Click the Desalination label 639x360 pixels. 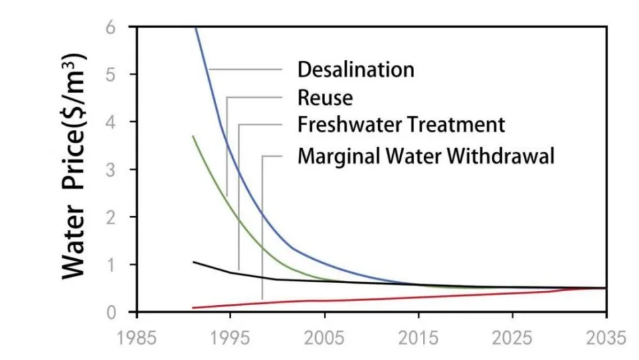click(355, 70)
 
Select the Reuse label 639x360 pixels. click(325, 98)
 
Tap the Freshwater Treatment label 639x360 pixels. click(401, 125)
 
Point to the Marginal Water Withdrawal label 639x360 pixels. click(426, 157)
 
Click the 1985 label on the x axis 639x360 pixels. click(136, 338)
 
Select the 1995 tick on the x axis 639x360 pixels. click(230, 338)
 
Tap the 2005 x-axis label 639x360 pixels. click(325, 338)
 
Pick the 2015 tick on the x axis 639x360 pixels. click(418, 338)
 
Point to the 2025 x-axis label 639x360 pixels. click(513, 338)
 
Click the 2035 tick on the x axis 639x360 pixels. click(606, 338)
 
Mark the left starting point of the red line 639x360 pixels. click(193, 308)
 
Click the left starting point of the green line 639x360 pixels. click(193, 136)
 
